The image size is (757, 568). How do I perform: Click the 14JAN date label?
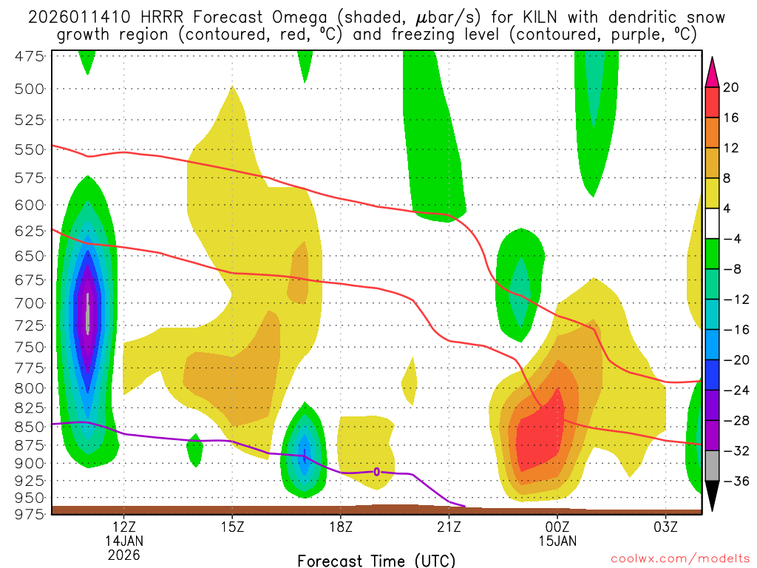(124, 541)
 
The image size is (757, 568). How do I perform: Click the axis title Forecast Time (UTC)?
(376, 560)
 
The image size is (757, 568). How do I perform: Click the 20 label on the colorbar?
(731, 88)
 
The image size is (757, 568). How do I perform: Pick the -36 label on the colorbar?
(734, 481)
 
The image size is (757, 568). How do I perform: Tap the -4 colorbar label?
(731, 239)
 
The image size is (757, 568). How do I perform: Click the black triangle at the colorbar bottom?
(712, 496)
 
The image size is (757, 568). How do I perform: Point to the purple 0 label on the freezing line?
(377, 471)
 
